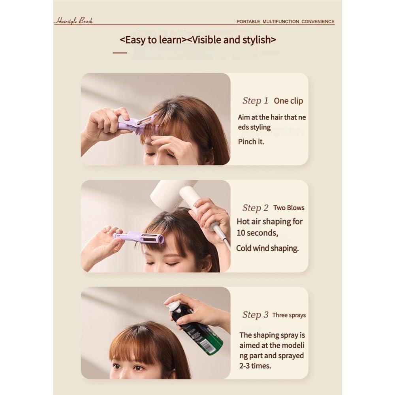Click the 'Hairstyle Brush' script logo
click(73, 21)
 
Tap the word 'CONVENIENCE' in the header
click(318, 22)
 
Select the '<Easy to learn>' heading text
click(153, 40)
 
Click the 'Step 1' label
click(255, 101)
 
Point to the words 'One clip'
click(288, 101)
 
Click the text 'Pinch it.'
click(251, 141)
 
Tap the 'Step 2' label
click(255, 208)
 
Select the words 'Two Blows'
click(289, 208)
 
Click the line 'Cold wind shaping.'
click(267, 248)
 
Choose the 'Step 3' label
click(255, 315)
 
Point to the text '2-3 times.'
click(255, 366)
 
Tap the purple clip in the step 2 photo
click(138, 238)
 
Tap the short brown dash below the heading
click(120, 52)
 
